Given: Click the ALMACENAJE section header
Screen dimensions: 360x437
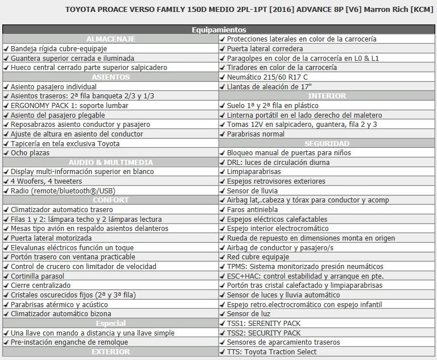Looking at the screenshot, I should (x=110, y=39).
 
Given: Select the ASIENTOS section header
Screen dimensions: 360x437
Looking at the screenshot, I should (x=110, y=77).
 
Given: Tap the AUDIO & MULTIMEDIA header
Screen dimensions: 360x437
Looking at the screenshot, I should (x=110, y=162).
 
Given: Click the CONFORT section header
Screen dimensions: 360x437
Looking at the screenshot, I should (x=110, y=200).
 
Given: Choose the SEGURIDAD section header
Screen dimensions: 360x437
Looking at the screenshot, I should (x=327, y=143).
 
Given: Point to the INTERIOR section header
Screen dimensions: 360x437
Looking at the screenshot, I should (x=327, y=96).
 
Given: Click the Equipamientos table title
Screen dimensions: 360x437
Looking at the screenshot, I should (x=219, y=30).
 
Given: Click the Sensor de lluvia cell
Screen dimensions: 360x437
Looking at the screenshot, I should (x=251, y=191).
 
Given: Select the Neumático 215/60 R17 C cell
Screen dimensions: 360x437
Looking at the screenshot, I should (x=267, y=77).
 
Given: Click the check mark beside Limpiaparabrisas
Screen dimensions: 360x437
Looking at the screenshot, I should (x=222, y=171).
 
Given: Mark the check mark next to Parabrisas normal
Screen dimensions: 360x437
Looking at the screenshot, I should (x=222, y=134).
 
